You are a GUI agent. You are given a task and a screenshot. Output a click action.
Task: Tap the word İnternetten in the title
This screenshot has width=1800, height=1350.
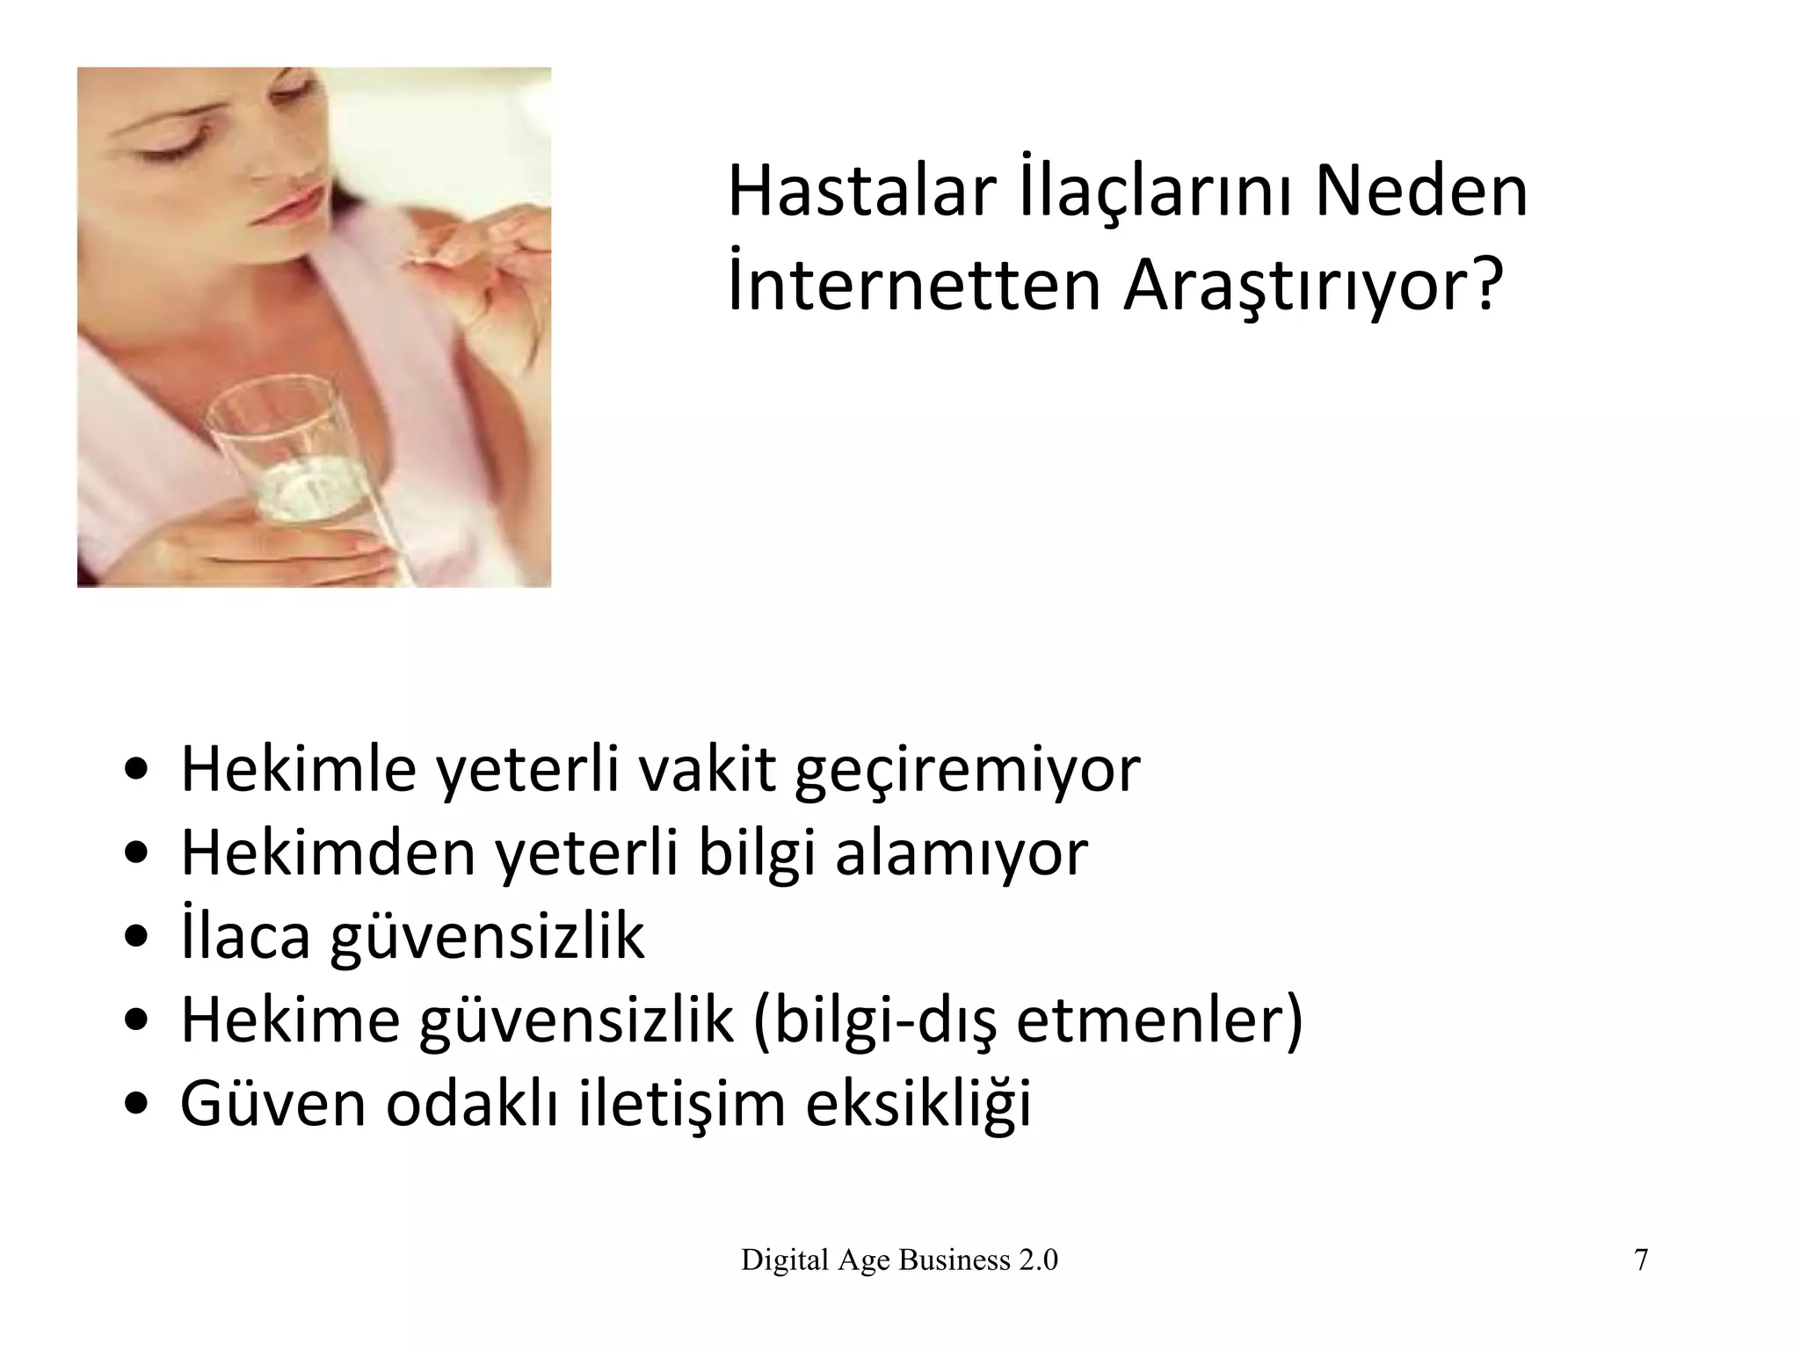pos(915,287)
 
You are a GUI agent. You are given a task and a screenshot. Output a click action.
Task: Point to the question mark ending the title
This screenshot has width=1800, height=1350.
pos(1482,287)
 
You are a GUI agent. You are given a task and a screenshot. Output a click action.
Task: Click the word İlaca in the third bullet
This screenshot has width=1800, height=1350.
pos(245,937)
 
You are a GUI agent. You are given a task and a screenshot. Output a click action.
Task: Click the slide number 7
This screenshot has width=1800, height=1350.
pos(1640,1260)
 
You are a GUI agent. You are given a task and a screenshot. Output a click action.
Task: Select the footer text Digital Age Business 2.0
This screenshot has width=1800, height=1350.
pos(899,1260)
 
